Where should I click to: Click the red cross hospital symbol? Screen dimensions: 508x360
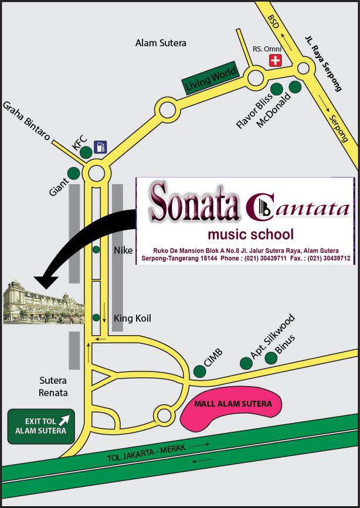[x=275, y=60]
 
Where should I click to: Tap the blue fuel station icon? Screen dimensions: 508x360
[x=101, y=146]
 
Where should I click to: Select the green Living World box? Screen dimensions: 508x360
[x=210, y=78]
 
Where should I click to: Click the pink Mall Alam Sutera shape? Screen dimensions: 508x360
[x=230, y=406]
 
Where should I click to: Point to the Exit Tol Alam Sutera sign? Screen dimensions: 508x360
[x=41, y=426]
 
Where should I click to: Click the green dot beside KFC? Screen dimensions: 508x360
[x=86, y=152]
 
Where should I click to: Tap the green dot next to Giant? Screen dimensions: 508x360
[x=73, y=173]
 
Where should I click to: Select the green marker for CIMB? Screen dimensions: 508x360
[x=199, y=370]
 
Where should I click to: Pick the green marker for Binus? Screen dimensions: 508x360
[x=271, y=357]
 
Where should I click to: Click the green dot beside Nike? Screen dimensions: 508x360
[x=96, y=250]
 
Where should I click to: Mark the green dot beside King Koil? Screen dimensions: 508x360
[x=96, y=318]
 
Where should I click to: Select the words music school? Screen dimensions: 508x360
[x=250, y=235]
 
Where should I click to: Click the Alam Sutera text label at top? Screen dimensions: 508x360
[x=161, y=43]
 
